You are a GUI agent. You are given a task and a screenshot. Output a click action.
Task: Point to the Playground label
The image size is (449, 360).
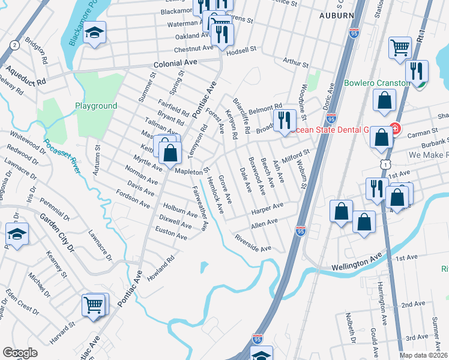(96, 106)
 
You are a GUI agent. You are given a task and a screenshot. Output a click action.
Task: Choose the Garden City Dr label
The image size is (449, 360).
(53, 234)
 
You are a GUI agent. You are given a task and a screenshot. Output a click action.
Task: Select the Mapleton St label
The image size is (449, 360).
(191, 170)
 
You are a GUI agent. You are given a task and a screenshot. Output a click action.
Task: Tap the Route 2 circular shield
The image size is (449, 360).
(13, 45)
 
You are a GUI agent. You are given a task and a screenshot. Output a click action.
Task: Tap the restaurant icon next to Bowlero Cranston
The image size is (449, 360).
(416, 71)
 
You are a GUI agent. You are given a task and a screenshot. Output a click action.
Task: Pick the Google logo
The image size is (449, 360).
(20, 352)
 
